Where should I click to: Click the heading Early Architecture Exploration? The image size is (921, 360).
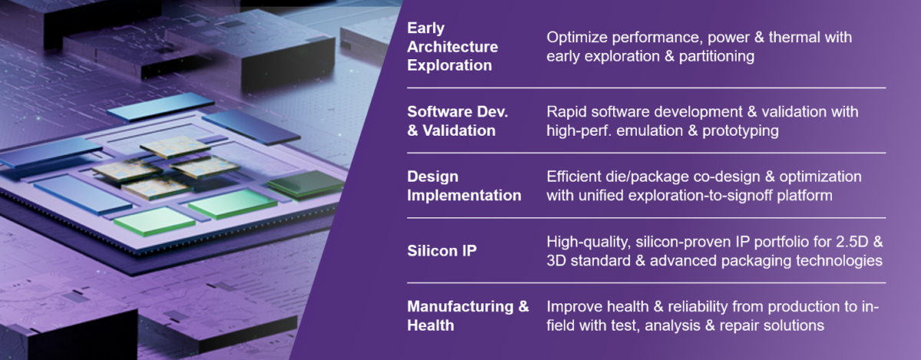[x=451, y=47]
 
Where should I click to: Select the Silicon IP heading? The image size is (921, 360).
[x=442, y=251]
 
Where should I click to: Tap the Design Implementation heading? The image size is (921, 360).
[x=464, y=186]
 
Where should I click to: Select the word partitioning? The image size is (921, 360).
[x=711, y=56]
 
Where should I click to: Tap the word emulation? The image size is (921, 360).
[x=654, y=131]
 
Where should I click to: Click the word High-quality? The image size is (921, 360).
[x=588, y=242]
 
